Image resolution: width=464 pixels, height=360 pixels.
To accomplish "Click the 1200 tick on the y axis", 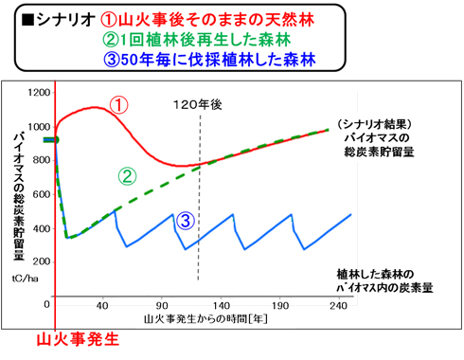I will pos(40,93).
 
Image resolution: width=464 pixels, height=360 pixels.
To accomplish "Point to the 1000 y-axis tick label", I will pos(40,127).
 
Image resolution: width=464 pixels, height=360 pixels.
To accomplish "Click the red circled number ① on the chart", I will pos(117,105).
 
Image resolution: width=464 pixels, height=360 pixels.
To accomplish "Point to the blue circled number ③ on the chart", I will pos(186,221).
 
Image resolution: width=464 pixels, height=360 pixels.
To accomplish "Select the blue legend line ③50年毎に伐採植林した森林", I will pos(208,61).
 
